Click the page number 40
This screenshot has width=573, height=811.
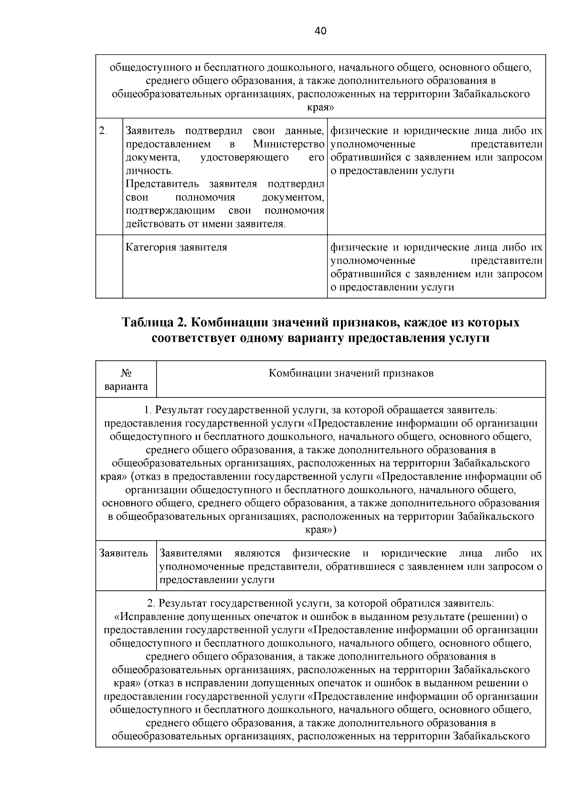[x=320, y=32]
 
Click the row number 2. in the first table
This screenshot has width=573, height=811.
[x=103, y=131]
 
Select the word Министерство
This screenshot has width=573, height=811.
[x=288, y=144]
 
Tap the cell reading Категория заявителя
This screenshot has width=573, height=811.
[x=176, y=247]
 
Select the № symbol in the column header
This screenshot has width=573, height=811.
[x=126, y=373]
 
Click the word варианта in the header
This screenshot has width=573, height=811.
[x=126, y=386]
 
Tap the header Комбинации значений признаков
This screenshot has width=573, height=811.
[x=351, y=373]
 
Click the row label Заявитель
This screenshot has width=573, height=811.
[x=124, y=553]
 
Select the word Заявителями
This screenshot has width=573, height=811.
[x=191, y=553]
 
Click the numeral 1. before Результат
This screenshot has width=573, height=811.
[x=148, y=410]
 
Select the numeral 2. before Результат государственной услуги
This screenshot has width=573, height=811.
[x=151, y=603]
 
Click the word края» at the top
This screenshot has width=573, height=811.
[x=320, y=107]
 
